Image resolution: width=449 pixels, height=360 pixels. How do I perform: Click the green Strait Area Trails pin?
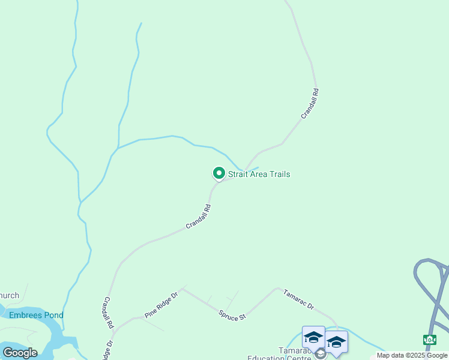click(x=218, y=173)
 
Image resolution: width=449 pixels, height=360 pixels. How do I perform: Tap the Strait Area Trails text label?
click(x=259, y=175)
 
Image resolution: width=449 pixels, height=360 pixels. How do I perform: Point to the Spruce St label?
click(x=232, y=315)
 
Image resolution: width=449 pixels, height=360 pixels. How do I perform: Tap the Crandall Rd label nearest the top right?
click(x=310, y=103)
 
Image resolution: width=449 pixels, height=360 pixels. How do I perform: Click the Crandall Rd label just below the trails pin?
click(x=198, y=217)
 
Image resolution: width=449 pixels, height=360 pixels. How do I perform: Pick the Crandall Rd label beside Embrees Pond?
click(x=109, y=311)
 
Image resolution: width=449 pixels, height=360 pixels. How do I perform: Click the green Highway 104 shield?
click(x=430, y=340)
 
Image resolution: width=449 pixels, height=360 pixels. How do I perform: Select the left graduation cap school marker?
click(x=313, y=337)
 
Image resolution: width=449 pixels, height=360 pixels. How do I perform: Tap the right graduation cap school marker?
click(x=336, y=342)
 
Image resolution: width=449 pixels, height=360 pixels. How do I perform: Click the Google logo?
click(x=20, y=353)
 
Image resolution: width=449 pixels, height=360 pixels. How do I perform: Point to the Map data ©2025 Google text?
click(x=412, y=355)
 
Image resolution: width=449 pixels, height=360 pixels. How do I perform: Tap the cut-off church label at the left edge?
click(x=10, y=295)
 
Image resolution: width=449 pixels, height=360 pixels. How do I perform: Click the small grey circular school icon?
click(x=319, y=353)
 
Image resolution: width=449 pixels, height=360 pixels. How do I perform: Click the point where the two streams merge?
click(x=118, y=148)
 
